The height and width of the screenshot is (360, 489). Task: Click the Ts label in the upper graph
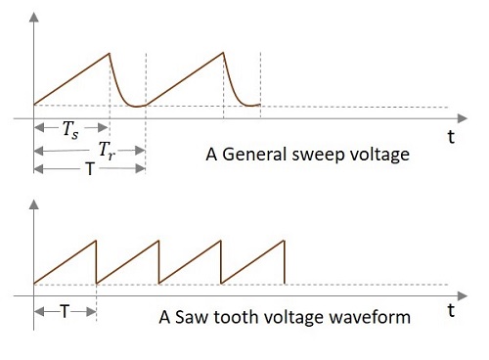coord(71,130)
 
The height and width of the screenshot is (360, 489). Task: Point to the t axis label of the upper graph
coord(451,138)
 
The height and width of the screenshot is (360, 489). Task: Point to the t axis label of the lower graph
coord(451,310)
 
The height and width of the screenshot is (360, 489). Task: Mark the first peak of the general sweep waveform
coord(110,53)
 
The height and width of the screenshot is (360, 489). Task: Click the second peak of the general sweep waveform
coord(223,53)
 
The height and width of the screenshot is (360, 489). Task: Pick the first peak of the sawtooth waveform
coord(97,241)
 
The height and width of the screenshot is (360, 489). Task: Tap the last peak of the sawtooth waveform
coord(285,241)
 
